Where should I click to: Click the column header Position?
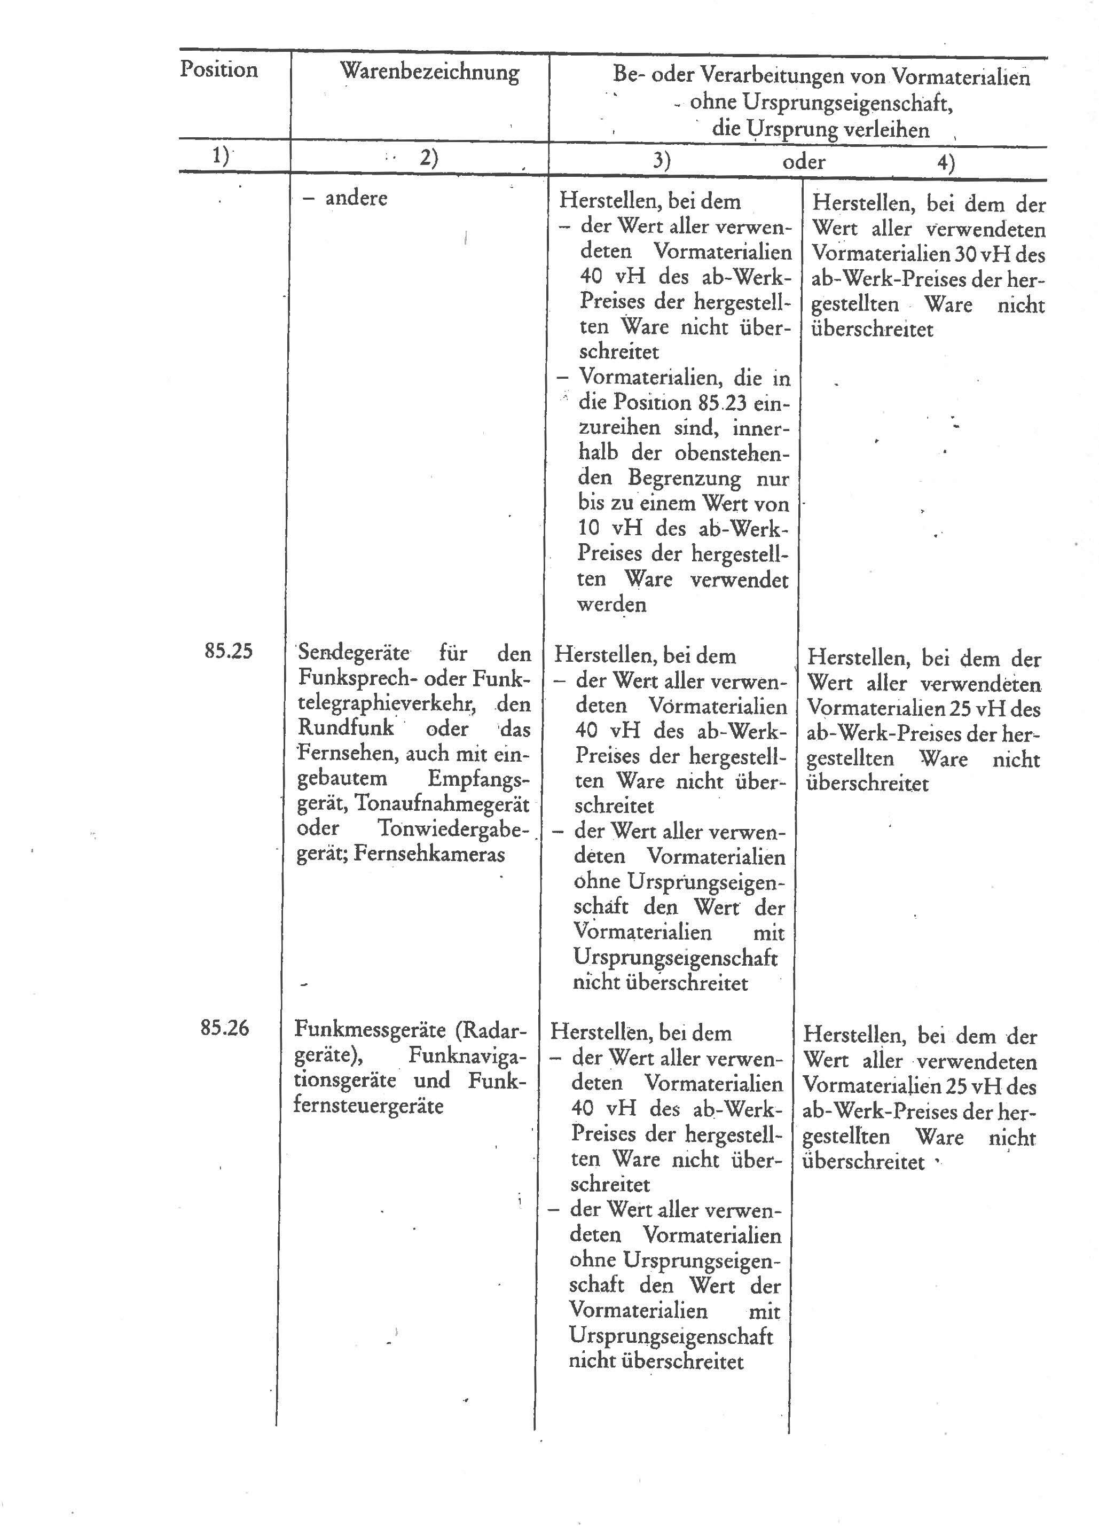tap(218, 69)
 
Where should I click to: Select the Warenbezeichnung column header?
tap(429, 72)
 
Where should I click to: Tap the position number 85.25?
tap(228, 651)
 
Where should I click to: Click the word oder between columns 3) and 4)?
tap(804, 162)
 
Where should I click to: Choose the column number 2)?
tap(429, 158)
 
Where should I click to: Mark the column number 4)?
tap(946, 163)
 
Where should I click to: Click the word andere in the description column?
tap(356, 199)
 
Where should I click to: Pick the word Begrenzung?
tap(685, 478)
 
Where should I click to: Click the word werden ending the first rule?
tap(611, 604)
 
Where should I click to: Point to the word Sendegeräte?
tap(354, 653)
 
